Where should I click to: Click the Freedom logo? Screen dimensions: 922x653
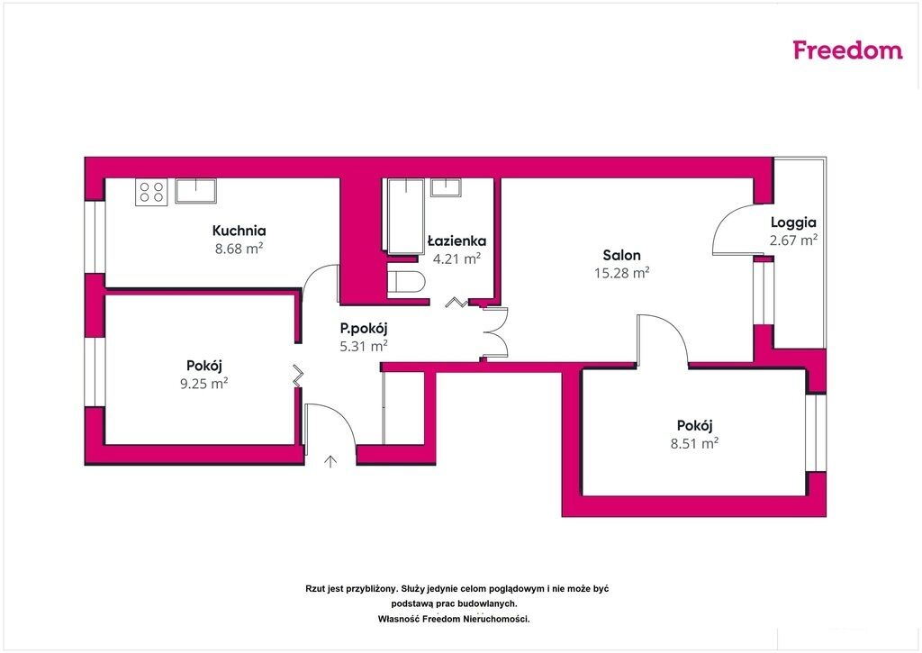click(x=847, y=50)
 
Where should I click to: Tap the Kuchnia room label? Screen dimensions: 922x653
click(x=239, y=231)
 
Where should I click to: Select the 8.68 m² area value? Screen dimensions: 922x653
click(x=239, y=249)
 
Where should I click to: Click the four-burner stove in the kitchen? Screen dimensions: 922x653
click(x=151, y=192)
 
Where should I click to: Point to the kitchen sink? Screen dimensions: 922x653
click(x=195, y=191)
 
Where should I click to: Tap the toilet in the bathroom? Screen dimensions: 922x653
click(x=406, y=281)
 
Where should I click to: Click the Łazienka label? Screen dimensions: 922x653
click(x=456, y=240)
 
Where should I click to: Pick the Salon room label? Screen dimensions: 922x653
click(x=621, y=255)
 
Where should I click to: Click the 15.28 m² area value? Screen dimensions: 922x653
click(x=621, y=273)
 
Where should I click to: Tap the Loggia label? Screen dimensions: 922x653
click(x=793, y=222)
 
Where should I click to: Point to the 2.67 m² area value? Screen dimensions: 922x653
click(x=793, y=240)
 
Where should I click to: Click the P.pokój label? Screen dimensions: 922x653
click(x=364, y=329)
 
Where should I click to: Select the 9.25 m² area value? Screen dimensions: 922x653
click(x=204, y=384)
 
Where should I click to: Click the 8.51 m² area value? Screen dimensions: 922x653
click(x=694, y=443)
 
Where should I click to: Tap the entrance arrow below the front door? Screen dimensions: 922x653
click(x=331, y=461)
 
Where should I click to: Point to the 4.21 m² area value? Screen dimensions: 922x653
click(x=456, y=258)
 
